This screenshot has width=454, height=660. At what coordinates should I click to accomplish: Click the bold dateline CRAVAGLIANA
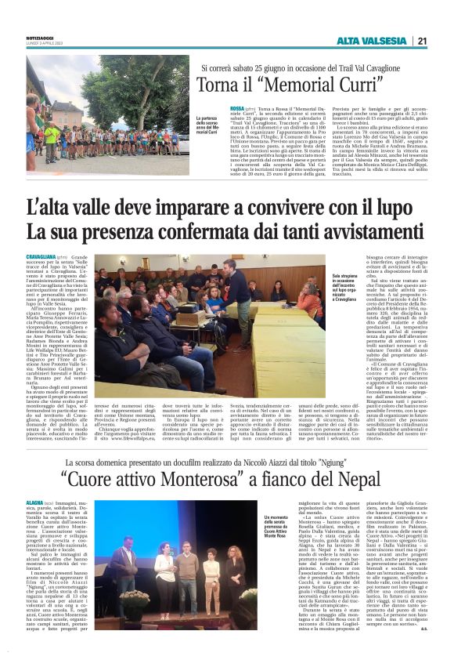pos(40,256)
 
